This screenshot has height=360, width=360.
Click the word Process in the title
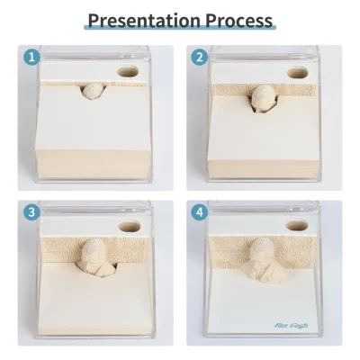click(x=239, y=21)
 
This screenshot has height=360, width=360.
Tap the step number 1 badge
click(x=31, y=57)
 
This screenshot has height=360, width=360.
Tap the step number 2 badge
click(x=200, y=57)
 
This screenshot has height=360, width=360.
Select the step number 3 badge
click(x=31, y=212)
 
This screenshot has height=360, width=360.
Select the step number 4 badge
click(x=200, y=212)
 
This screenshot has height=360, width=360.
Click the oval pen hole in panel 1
click(x=128, y=72)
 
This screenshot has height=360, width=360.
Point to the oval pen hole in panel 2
click(x=297, y=73)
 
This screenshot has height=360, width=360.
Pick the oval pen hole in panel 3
click(x=130, y=226)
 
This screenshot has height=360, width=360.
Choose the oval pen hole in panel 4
click(x=297, y=225)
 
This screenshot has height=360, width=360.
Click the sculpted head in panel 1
click(x=93, y=91)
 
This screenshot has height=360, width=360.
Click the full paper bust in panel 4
click(x=265, y=259)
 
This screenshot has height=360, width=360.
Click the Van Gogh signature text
click(x=291, y=326)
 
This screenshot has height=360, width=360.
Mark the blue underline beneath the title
click(x=180, y=28)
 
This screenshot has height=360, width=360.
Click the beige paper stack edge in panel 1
click(x=93, y=164)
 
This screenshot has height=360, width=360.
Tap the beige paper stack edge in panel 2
click(x=263, y=168)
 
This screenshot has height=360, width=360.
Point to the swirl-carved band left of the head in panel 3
click(x=61, y=250)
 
